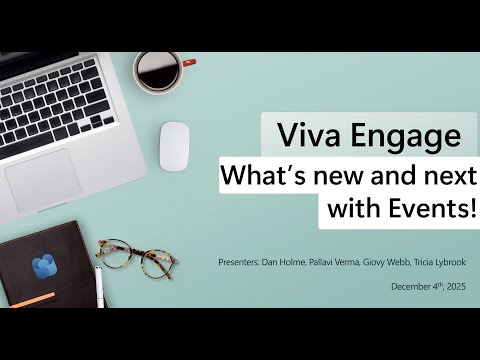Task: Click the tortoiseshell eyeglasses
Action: pyautogui.click(x=129, y=257)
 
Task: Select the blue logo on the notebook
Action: pyautogui.click(x=44, y=268)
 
